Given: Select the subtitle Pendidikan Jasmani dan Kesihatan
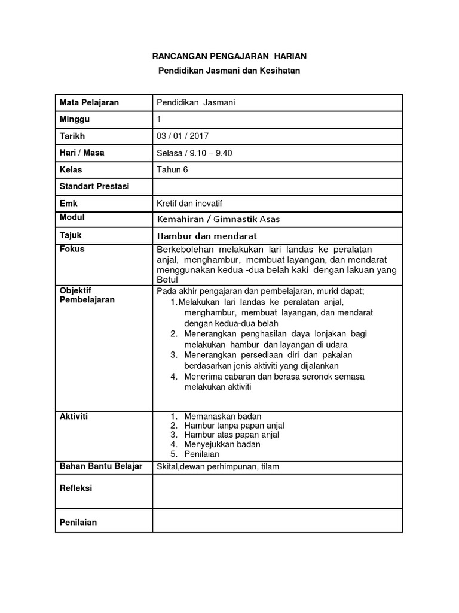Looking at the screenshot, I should [228, 71].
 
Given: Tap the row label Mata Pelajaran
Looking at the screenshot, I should [89, 102].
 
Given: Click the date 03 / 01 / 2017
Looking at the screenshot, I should [182, 136].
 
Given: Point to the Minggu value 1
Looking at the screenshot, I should [158, 119].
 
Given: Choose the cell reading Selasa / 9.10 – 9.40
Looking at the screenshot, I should [194, 153].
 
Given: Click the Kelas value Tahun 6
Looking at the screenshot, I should [172, 169].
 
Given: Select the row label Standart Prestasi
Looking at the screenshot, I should [94, 186].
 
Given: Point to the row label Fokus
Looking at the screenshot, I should [72, 249].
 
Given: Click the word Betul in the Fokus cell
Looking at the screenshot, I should [167, 279].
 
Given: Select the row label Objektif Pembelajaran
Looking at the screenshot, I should [87, 295].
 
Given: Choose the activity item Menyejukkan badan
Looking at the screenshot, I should [222, 444].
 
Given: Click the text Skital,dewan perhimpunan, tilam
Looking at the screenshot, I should [218, 467].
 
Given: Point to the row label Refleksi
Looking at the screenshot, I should [76, 488].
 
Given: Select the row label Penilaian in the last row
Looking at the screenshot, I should [78, 522].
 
